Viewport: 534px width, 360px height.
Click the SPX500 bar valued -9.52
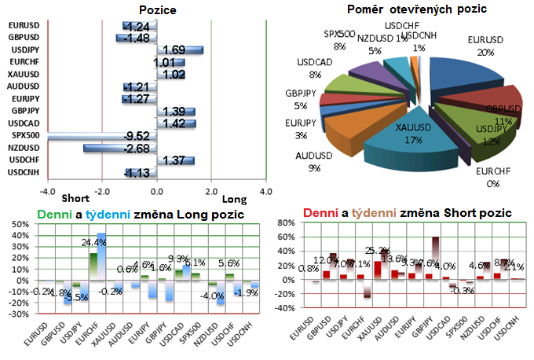102,136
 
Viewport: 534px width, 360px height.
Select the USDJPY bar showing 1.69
181,50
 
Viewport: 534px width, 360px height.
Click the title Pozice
157,10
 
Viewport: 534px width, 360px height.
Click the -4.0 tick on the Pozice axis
48,191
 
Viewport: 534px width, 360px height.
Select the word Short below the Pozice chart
75,199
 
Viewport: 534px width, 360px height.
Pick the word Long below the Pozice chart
234,199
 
